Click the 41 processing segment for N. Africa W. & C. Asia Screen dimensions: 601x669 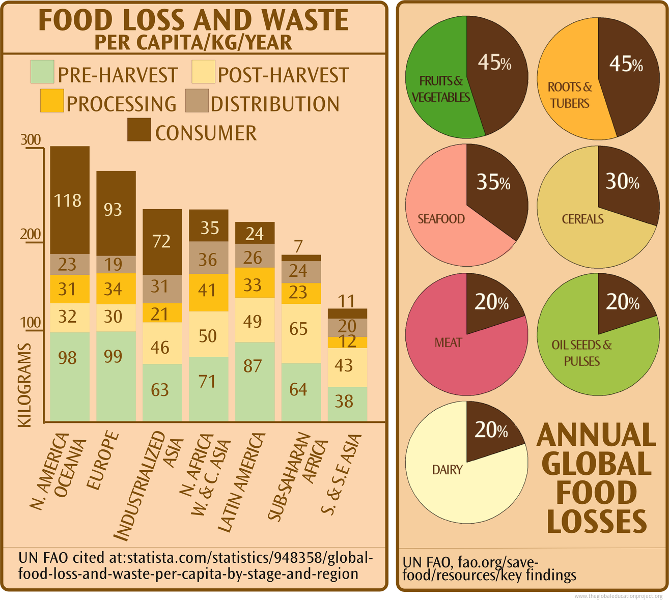pyautogui.click(x=208, y=291)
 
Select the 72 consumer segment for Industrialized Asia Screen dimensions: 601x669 pyautogui.click(x=162, y=242)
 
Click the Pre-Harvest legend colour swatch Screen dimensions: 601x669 pyautogui.click(x=42, y=72)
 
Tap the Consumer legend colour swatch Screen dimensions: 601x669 pyautogui.click(x=138, y=130)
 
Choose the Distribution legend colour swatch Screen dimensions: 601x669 pyautogui.click(x=197, y=101)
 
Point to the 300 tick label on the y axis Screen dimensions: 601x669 pyautogui.click(x=31, y=140)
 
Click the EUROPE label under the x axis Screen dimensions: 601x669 pyautogui.click(x=103, y=461)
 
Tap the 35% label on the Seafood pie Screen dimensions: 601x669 pyautogui.click(x=493, y=182)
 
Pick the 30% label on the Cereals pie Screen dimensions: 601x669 pyautogui.click(x=622, y=181)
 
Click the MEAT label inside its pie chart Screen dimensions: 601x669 pyautogui.click(x=448, y=342)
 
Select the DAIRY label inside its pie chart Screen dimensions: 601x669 pyautogui.click(x=447, y=469)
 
